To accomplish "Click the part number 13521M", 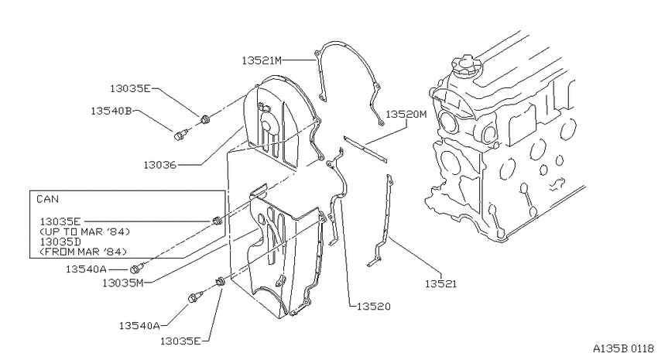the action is tap(262, 61).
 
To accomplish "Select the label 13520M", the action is tap(406, 114).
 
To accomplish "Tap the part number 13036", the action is tap(160, 165).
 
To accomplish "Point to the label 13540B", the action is tap(111, 111).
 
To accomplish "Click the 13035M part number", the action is tap(122, 283).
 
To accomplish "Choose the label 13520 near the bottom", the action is tap(373, 307).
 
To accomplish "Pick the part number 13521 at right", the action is tap(440, 284).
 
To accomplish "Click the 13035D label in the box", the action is tap(60, 242).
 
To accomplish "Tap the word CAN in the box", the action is tap(47, 199).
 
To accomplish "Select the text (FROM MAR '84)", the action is tap(83, 252).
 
